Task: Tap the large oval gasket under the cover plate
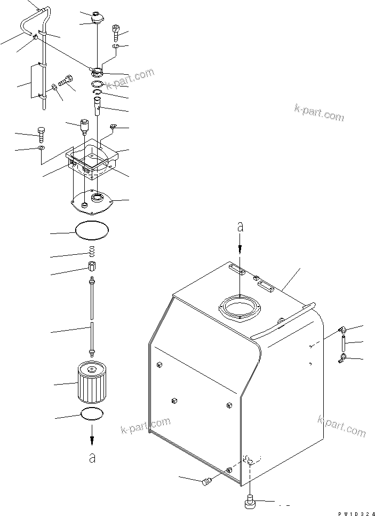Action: click(x=92, y=230)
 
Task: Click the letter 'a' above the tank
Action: click(x=241, y=227)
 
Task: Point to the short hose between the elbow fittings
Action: click(x=342, y=344)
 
